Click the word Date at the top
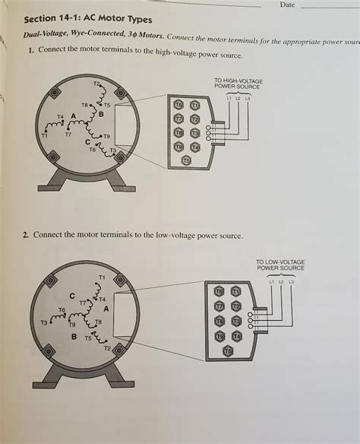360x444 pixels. (x=287, y=5)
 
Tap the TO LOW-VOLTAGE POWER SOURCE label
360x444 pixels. (x=280, y=265)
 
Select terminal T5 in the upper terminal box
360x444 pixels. (x=186, y=160)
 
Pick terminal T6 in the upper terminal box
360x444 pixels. (x=178, y=104)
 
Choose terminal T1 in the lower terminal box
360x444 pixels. (x=235, y=292)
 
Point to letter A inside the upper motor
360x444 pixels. (x=74, y=116)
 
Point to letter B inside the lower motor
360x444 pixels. (x=74, y=336)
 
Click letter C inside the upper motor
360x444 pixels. (x=87, y=142)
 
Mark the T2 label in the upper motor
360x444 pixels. (x=96, y=82)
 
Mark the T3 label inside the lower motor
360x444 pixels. (x=44, y=323)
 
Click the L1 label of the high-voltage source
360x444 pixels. (x=229, y=98)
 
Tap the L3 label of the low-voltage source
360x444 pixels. (x=290, y=282)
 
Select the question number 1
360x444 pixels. (x=30, y=50)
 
